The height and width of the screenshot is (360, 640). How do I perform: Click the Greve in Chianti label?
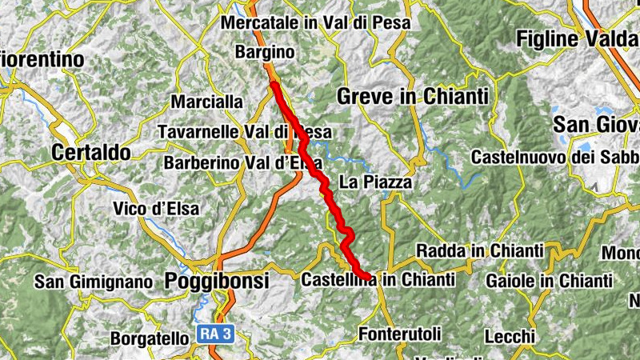point(412,97)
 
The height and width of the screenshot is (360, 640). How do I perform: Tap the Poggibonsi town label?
point(217,282)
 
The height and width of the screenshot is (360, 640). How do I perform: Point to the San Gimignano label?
point(93,282)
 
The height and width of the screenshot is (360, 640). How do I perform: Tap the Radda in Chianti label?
point(479,250)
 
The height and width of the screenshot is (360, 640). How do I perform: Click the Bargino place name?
point(266,53)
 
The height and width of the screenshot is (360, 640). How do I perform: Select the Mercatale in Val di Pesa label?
point(315,23)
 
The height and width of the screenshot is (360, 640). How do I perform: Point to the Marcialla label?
point(206,102)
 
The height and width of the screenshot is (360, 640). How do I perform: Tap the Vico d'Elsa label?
point(157,209)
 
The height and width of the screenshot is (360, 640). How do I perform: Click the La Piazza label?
point(375,182)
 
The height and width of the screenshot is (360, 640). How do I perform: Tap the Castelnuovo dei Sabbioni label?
point(554,158)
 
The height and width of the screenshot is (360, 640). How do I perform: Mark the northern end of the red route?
point(274,84)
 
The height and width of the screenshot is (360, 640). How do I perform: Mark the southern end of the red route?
point(368,278)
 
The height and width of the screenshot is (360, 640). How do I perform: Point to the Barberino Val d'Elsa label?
point(242,163)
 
